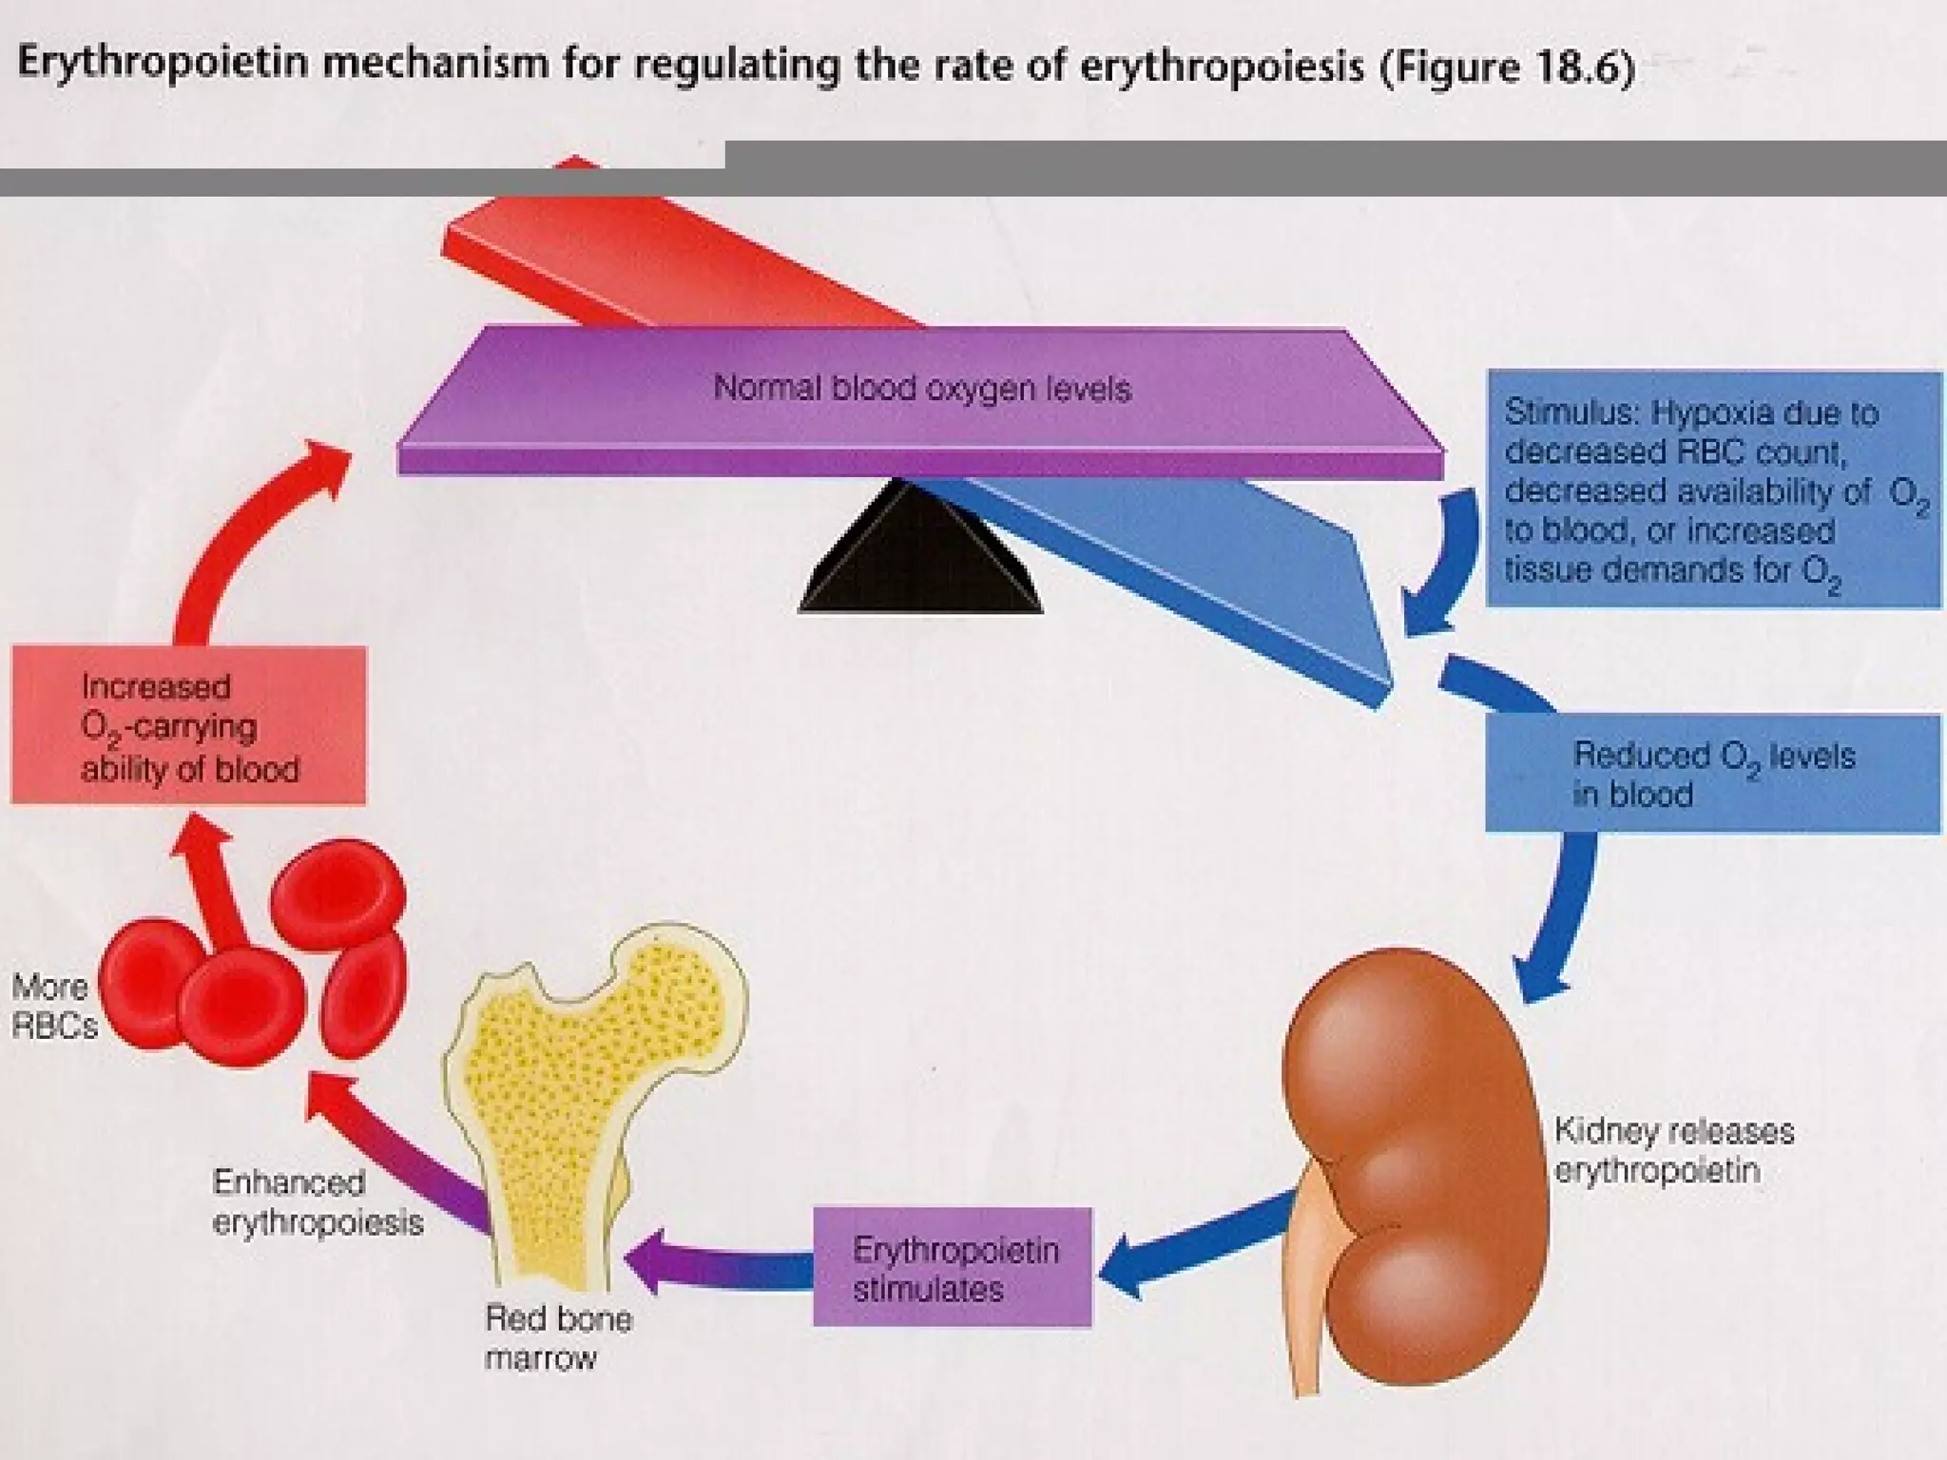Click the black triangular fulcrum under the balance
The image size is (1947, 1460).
pyautogui.click(x=920, y=561)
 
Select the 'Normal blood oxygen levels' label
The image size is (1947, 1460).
pyautogui.click(x=921, y=389)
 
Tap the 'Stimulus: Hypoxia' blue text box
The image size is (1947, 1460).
pyautogui.click(x=1713, y=490)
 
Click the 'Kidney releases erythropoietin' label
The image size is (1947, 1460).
pyautogui.click(x=1673, y=1150)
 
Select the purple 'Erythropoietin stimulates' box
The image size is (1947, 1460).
pyautogui.click(x=953, y=1268)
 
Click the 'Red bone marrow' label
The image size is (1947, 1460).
pyautogui.click(x=558, y=1337)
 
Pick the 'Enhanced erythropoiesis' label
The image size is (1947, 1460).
pyautogui.click(x=317, y=1201)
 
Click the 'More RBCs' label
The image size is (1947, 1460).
pyautogui.click(x=53, y=1006)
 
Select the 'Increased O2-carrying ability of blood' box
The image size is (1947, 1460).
pyautogui.click(x=188, y=727)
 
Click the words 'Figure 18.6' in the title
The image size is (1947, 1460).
pyautogui.click(x=1508, y=67)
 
